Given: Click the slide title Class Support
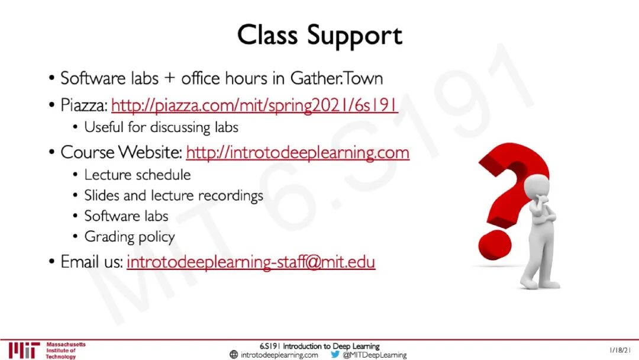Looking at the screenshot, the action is tap(319, 36).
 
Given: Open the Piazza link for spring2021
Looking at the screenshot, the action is tap(254, 105).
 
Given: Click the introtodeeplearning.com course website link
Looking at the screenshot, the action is tap(298, 153).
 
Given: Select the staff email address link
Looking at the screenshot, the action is tap(251, 262).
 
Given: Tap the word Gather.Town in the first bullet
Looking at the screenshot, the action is tap(337, 78).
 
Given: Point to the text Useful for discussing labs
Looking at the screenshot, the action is tap(161, 127).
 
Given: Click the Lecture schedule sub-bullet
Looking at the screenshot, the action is tap(137, 175).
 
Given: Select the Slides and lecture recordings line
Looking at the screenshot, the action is tap(173, 196).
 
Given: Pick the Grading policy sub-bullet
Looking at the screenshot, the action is tap(130, 237).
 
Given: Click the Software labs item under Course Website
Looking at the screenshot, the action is tap(127, 216).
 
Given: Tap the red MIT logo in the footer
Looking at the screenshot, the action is tap(24, 350).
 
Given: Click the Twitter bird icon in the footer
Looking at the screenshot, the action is tap(335, 354).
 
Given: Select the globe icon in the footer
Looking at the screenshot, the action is tap(234, 354).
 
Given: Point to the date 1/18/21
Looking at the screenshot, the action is tap(620, 350).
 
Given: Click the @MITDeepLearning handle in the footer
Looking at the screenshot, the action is tap(375, 355).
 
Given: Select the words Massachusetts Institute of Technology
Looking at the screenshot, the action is tap(65, 351).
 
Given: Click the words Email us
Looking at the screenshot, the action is tap(92, 262).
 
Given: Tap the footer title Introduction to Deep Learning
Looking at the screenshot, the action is tap(331, 346).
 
